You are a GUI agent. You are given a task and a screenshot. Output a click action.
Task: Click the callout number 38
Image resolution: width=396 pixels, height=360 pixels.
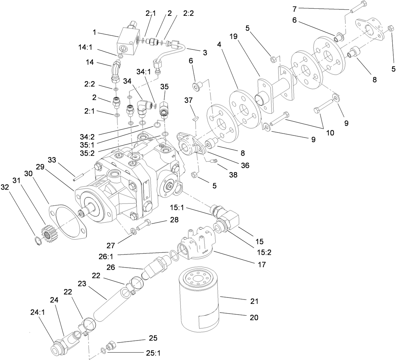click(x=232, y=175)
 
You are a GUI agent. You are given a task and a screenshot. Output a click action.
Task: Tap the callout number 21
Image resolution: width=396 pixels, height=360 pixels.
click(x=254, y=301)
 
